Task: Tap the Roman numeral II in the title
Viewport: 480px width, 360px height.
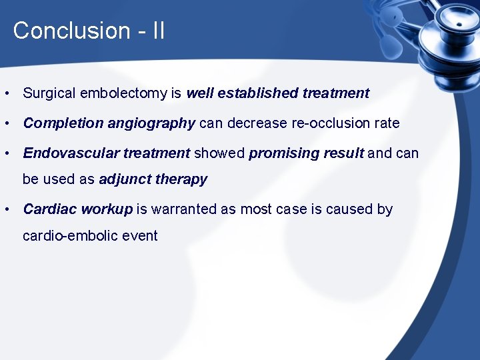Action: coord(158,31)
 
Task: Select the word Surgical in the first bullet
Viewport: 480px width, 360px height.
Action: coord(49,93)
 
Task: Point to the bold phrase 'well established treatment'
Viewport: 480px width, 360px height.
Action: coord(277,93)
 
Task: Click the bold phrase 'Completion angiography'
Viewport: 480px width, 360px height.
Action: coord(109,123)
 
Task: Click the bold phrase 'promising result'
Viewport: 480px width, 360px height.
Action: coord(306,153)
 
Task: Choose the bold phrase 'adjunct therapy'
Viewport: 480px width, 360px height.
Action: coord(153,179)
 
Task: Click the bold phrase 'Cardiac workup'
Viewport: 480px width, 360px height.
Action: coord(77,209)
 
